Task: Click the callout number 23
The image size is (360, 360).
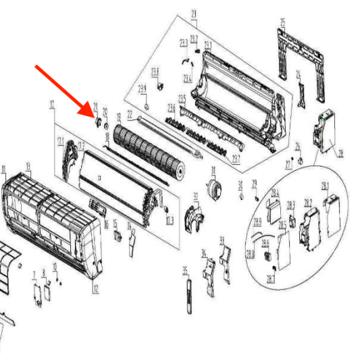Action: coord(194,14)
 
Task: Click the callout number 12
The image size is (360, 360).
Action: coord(95,289)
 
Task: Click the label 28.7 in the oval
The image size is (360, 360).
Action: coord(270,278)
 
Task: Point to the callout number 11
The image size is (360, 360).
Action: coord(4,169)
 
